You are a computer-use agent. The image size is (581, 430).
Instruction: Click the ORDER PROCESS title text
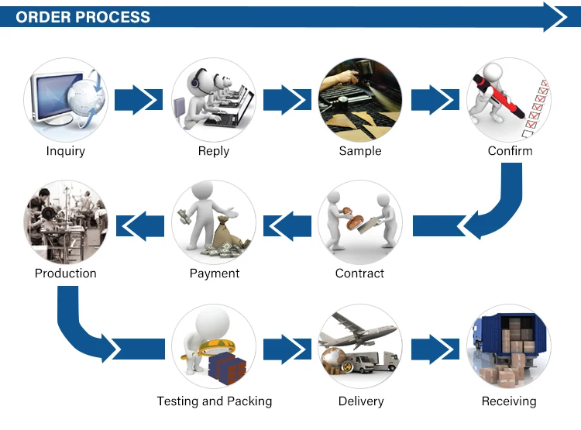point(83,17)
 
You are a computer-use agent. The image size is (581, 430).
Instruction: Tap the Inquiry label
point(65,151)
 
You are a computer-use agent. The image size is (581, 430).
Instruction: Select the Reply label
point(213,151)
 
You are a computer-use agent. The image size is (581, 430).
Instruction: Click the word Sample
point(360,151)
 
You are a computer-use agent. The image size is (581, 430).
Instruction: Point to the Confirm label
point(510,151)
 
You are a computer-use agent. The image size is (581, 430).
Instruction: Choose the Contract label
point(359,273)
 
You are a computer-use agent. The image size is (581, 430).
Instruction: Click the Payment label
point(215,273)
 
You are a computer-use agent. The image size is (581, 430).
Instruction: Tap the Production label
point(66,273)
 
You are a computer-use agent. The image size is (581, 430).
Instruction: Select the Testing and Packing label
point(215,401)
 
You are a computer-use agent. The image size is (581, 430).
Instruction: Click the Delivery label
point(361,401)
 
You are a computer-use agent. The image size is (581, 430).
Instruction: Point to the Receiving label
point(509,401)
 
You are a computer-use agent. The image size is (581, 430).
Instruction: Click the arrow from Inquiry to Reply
point(140,100)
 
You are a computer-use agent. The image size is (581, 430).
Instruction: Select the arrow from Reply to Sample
point(287,100)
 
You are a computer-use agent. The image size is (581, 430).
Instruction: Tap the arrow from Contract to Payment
point(287,224)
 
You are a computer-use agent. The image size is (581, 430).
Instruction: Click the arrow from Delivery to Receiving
point(435,349)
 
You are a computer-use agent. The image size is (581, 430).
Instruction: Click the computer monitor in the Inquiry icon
point(54,97)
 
